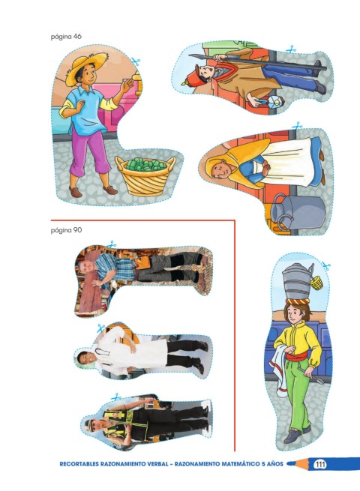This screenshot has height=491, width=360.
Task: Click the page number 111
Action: [x=319, y=464]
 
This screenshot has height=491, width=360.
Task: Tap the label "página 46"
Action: [x=66, y=37]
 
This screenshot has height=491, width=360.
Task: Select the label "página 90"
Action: [x=66, y=230]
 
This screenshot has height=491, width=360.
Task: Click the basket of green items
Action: [x=145, y=175]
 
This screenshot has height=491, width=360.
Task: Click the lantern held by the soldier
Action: [x=276, y=101]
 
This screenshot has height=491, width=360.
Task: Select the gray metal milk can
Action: [x=297, y=211]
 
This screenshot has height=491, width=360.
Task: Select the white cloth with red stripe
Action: [x=280, y=370]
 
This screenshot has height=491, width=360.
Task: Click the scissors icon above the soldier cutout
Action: [x=292, y=49]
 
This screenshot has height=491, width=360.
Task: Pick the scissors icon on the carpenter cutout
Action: [x=111, y=244]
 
